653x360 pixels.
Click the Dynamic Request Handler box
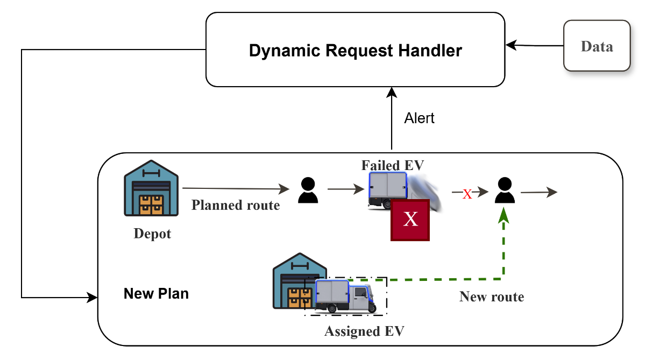pyautogui.click(x=355, y=50)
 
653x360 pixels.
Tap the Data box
pyautogui.click(x=597, y=46)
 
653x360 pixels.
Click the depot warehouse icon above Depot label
pyautogui.click(x=151, y=188)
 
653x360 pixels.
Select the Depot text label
pyautogui.click(x=152, y=234)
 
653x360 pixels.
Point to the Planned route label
pyautogui.click(x=236, y=205)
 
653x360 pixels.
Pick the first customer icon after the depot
pyautogui.click(x=308, y=190)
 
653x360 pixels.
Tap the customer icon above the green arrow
pyautogui.click(x=504, y=190)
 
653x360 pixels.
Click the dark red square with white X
pyautogui.click(x=410, y=220)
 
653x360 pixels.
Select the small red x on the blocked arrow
pyautogui.click(x=467, y=194)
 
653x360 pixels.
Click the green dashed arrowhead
pyautogui.click(x=503, y=216)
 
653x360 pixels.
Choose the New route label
pyautogui.click(x=492, y=297)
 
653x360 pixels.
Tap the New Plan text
pyautogui.click(x=156, y=294)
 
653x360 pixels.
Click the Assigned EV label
pyautogui.click(x=364, y=331)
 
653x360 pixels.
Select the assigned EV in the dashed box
pyautogui.click(x=344, y=296)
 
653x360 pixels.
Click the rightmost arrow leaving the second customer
pyautogui.click(x=539, y=192)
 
